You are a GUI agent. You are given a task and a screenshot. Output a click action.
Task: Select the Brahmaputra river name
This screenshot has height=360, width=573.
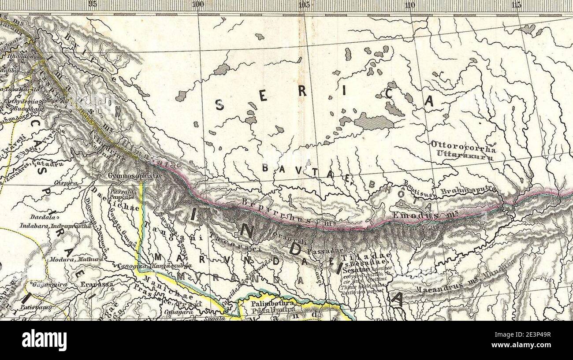[x=468, y=190]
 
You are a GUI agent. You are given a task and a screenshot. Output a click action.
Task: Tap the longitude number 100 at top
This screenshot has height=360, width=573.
[x=198, y=4]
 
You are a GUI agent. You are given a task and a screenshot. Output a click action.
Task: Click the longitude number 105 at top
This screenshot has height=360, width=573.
[x=304, y=4]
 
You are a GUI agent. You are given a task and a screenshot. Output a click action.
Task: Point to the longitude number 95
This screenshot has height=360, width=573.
[x=92, y=4]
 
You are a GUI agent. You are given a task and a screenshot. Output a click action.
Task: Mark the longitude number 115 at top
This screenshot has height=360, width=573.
[x=517, y=4]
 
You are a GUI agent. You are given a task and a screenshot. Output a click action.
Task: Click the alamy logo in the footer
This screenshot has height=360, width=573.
[x=44, y=340]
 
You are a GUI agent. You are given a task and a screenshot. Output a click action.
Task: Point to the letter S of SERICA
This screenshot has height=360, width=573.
[x=220, y=104]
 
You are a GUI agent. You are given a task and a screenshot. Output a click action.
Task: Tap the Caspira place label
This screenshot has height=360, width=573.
[x=66, y=182]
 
